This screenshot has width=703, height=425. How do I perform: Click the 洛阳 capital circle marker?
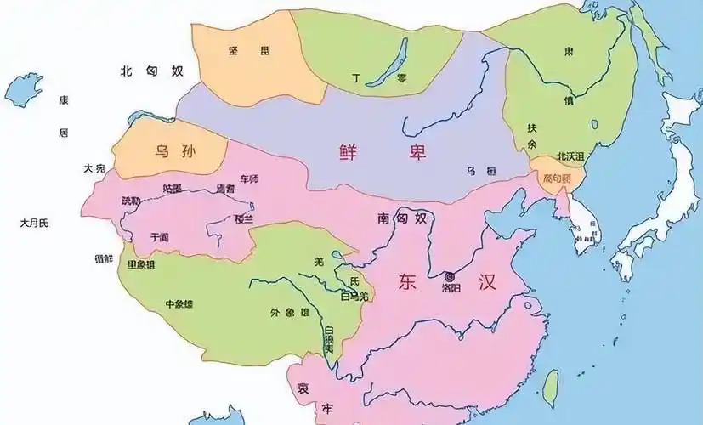click(x=448, y=276)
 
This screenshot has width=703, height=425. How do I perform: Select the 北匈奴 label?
click(x=151, y=71)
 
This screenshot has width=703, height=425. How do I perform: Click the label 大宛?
click(x=94, y=169)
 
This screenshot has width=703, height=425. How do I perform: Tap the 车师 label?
click(x=249, y=179)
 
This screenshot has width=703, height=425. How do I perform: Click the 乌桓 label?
click(x=475, y=171)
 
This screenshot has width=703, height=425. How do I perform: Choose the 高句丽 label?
click(x=557, y=178)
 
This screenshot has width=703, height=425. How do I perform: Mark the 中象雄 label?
click(x=179, y=303)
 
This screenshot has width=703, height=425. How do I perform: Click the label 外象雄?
click(x=290, y=312)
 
